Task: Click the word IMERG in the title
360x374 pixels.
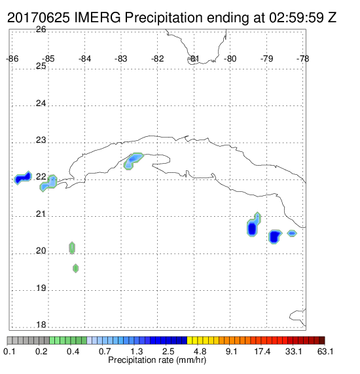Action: [98, 18]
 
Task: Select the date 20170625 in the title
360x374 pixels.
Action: [39, 18]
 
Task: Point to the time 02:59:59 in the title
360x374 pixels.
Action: [297, 18]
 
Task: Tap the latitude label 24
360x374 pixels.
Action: [41, 103]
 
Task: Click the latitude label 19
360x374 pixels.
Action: [41, 288]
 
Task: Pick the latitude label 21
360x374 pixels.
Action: [41, 214]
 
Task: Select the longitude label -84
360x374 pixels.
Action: [85, 59]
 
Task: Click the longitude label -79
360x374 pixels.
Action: [267, 59]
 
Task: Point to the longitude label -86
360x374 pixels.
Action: [12, 59]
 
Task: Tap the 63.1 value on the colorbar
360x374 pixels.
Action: [325, 352]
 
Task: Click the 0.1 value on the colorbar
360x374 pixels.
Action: [10, 352]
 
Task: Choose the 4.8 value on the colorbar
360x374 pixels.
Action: [200, 352]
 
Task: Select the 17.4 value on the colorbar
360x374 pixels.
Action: [262, 352]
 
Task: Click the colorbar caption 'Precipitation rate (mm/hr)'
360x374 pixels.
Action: [157, 360]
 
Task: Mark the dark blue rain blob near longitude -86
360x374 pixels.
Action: [23, 178]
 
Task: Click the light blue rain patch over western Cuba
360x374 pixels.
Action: [133, 161]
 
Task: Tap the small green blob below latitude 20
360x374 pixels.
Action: [75, 269]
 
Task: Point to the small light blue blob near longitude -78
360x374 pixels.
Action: [292, 233]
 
